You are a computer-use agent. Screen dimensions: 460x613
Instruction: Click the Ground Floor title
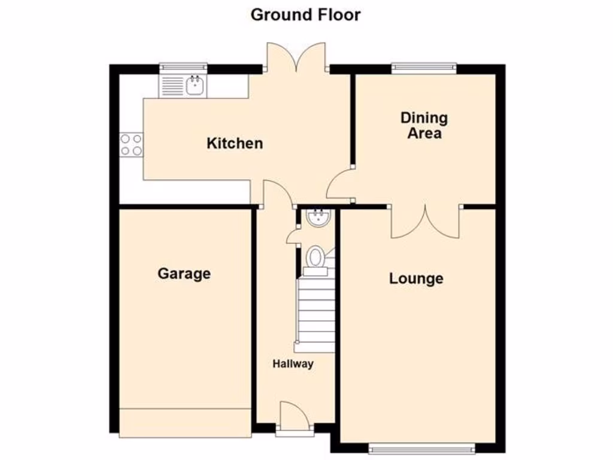305,14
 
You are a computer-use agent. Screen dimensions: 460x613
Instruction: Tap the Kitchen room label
235,144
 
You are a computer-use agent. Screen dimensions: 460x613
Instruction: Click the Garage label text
184,274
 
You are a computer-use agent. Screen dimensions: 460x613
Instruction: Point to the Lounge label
416,279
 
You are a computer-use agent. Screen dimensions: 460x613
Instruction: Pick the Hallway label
293,364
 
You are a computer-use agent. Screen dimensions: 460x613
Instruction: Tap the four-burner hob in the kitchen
131,144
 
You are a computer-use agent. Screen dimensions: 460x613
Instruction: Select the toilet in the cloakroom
315,258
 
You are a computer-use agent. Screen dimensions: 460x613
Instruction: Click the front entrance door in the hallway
295,416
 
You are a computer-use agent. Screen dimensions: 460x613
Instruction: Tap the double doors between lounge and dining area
426,222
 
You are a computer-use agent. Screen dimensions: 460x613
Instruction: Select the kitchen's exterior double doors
296,57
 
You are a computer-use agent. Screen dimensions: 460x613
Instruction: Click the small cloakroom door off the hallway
293,235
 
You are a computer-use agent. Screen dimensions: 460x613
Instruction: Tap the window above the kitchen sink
183,66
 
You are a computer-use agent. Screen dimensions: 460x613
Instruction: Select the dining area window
424,68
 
